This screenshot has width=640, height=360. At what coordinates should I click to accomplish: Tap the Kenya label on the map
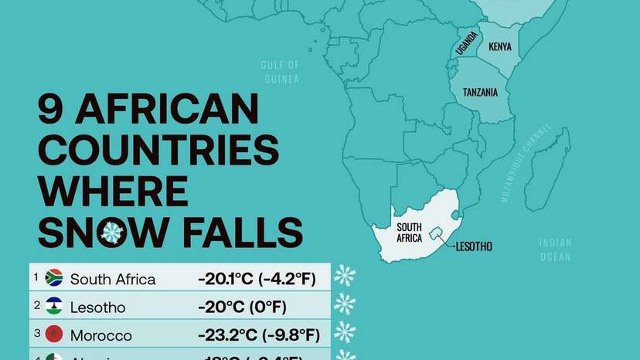coord(499,46)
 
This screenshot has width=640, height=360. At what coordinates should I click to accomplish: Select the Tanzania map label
coord(480,93)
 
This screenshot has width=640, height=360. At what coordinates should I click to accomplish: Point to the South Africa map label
coord(410,233)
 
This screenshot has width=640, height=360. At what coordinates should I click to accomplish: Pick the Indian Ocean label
coord(555,250)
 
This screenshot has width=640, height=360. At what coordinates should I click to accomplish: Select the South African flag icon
coord(54,278)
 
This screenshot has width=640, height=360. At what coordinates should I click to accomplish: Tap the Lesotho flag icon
coord(54,307)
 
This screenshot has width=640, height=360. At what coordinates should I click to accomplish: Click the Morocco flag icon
coord(54,335)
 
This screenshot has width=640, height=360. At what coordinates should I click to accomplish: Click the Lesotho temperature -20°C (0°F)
coord(242,307)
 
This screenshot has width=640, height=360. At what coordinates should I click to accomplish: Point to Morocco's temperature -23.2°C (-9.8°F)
coord(259,336)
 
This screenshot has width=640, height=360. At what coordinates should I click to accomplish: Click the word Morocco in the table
coord(101,336)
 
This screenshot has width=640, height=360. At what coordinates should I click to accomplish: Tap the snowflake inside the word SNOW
coord(113,231)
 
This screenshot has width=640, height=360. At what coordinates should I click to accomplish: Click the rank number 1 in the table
coord(35,273)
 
